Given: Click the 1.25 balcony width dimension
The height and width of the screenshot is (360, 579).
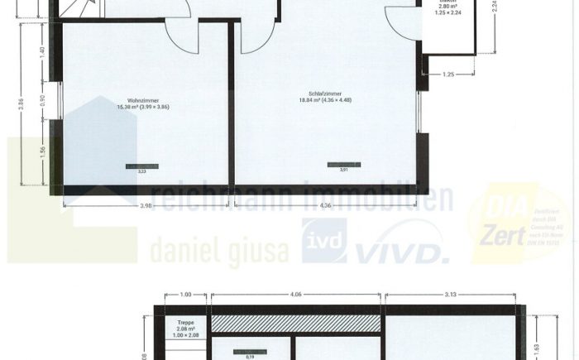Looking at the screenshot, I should click(448, 74).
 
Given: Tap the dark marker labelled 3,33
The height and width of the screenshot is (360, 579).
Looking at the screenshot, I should click(141, 166).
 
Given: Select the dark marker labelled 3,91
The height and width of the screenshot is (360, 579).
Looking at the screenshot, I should click(343, 164).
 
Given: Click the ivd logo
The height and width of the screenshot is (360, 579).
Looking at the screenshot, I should click(323, 242).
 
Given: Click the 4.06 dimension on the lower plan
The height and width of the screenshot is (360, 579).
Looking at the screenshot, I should click(296, 294).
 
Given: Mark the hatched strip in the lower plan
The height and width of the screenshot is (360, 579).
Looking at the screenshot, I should click(295, 323).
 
